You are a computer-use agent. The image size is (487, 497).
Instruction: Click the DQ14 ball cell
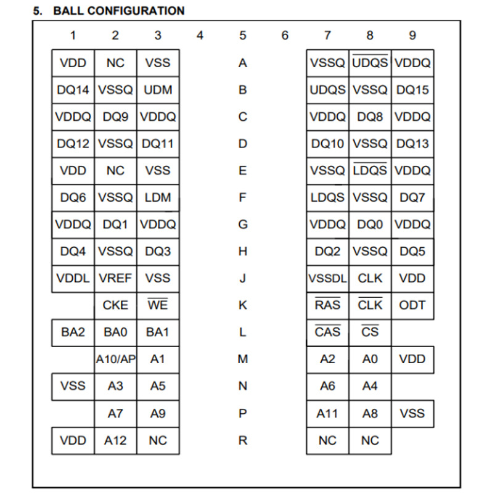[x=73, y=90]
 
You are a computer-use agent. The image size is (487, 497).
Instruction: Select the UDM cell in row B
[x=158, y=90]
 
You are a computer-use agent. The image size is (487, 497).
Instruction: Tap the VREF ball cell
[x=115, y=278]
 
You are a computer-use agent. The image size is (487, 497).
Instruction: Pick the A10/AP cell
[x=115, y=359]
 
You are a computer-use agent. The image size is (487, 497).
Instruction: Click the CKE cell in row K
[x=115, y=305]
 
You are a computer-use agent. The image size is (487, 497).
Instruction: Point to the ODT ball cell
[x=412, y=305]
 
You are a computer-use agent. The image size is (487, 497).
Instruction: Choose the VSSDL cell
[x=327, y=278]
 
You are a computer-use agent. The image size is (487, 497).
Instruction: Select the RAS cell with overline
[x=327, y=305]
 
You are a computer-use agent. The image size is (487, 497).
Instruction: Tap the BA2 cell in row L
[x=73, y=332]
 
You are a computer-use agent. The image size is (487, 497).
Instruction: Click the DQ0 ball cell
[x=370, y=224]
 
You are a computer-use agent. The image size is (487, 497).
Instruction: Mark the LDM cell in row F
[x=158, y=198]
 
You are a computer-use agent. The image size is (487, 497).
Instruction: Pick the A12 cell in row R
[x=115, y=440]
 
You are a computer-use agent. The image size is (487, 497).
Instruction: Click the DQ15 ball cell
[x=412, y=90]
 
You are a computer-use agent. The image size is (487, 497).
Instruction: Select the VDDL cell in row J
[x=73, y=278]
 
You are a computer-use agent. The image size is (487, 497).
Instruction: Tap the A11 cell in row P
[x=327, y=414]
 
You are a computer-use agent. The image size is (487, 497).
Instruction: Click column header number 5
[x=242, y=36]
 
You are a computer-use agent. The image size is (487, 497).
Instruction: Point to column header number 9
[x=412, y=36]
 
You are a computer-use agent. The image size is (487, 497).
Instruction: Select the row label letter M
[x=242, y=359]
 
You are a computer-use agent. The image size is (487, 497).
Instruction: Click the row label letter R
[x=242, y=440]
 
